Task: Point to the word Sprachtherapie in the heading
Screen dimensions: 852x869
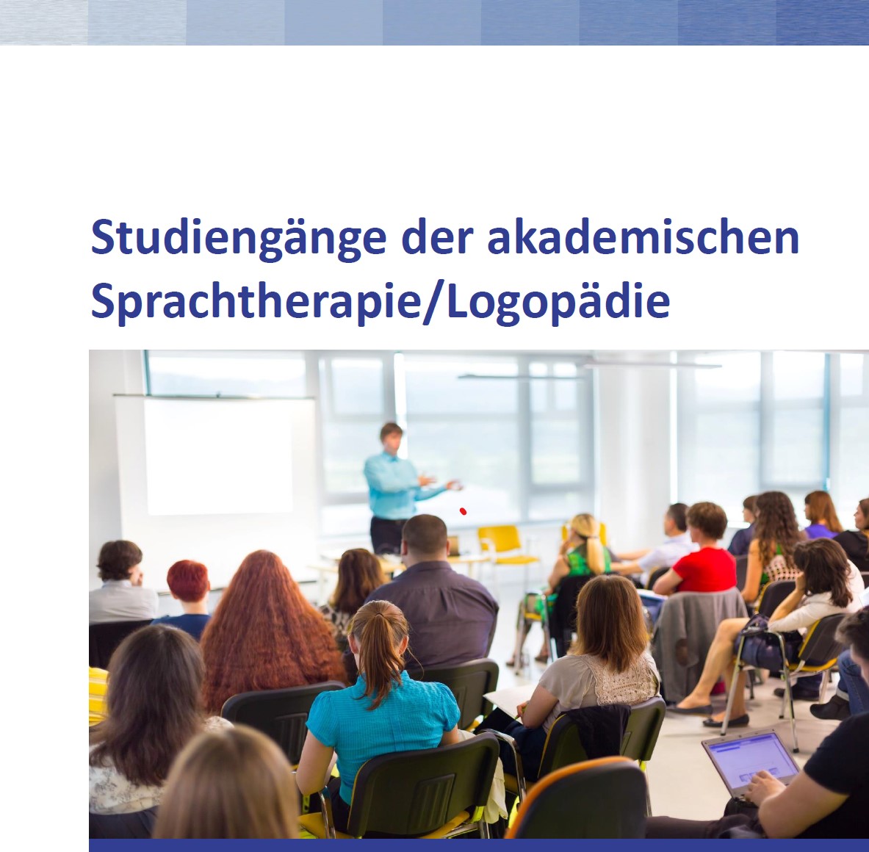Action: [254, 301]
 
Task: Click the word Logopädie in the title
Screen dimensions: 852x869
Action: [558, 301]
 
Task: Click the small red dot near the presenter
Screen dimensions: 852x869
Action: [463, 511]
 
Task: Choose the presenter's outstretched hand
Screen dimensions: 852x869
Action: [452, 485]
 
